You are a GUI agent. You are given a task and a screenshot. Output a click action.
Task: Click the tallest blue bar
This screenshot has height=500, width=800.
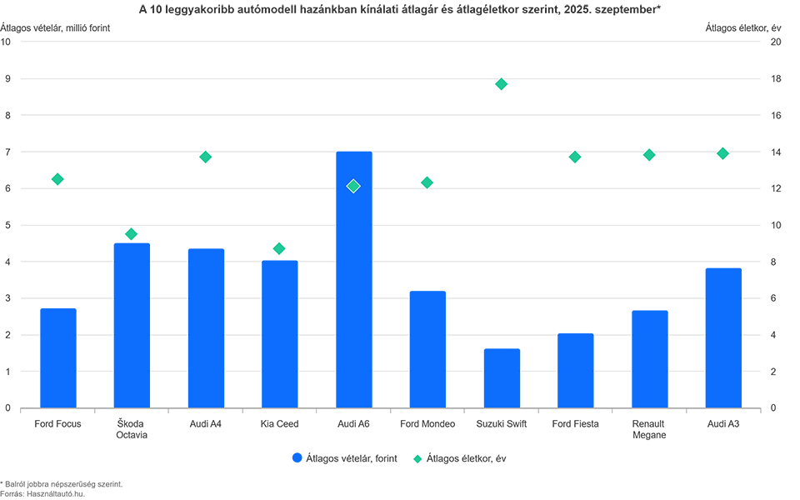[x=353, y=275]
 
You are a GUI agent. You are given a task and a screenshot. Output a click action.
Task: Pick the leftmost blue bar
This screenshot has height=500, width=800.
[x=57, y=350]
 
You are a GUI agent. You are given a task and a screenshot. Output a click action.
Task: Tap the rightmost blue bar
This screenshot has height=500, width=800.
[x=722, y=333]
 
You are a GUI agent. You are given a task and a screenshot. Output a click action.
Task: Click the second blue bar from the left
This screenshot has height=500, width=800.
[x=131, y=317]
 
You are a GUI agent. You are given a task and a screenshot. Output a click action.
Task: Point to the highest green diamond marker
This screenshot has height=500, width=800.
[x=501, y=84]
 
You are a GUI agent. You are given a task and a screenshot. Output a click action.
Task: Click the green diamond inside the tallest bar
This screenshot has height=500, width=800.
[x=353, y=185]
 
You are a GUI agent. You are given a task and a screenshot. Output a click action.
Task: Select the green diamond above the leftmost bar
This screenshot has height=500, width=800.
[x=57, y=178]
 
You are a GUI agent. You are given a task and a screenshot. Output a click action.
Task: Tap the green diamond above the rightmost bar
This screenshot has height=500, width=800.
[x=722, y=153]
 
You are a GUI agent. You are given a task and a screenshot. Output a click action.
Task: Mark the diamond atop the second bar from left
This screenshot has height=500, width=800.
[x=131, y=233]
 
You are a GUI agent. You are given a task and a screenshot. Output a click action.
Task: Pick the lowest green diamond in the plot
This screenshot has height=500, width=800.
[x=278, y=248]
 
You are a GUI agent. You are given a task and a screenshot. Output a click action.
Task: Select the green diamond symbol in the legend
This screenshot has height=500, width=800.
[x=419, y=458]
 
